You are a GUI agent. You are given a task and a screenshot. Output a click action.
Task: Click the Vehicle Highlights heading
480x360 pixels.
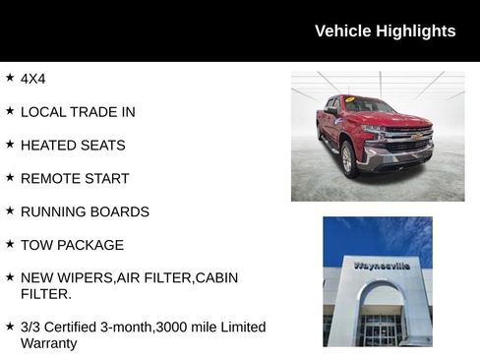385,30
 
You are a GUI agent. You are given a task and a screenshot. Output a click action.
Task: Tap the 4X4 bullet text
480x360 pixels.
33,78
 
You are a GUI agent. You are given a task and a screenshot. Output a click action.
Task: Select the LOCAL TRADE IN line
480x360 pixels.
78,112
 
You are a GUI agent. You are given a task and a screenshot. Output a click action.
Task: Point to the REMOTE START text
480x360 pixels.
75,179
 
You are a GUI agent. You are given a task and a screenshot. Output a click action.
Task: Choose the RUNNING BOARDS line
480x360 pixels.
85,212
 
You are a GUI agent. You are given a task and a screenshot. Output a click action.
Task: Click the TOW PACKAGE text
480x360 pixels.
72,246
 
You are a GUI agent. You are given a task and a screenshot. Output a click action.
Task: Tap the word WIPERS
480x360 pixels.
87,278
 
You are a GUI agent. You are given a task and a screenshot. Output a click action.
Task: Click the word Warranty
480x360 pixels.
48,344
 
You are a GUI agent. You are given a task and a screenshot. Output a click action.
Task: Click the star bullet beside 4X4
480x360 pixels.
10,77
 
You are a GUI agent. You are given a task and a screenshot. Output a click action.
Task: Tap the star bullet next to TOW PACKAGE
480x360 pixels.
10,244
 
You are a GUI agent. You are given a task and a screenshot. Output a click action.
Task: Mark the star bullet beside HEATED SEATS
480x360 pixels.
10,144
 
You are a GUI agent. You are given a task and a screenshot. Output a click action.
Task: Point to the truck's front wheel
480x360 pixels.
349,156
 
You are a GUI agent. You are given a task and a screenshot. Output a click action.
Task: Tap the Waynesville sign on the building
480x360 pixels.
382,266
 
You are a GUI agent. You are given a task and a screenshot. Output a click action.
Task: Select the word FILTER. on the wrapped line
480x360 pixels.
45,294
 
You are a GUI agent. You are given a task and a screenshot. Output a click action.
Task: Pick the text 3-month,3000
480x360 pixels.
154,327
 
